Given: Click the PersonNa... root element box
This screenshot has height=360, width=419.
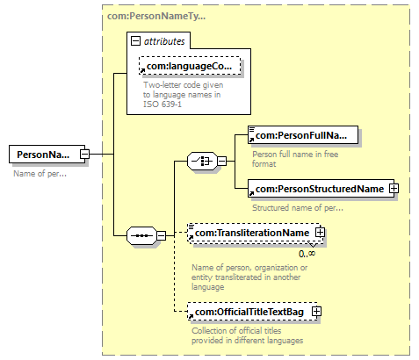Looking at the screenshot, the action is pyautogui.click(x=47, y=154).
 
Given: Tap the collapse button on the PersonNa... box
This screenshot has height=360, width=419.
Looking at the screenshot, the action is pyautogui.click(x=84, y=154).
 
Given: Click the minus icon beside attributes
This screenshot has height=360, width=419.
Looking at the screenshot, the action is pyautogui.click(x=135, y=41).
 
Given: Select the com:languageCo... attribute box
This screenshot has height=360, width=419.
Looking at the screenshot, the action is pyautogui.click(x=190, y=66).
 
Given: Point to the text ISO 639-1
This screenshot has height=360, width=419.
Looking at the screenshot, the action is pyautogui.click(x=163, y=104).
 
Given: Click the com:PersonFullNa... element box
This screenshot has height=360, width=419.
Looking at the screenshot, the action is pyautogui.click(x=303, y=135).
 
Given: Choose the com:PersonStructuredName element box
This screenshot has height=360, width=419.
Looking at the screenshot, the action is pyautogui.click(x=321, y=189).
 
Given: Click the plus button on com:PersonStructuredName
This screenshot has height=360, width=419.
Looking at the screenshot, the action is pyautogui.click(x=394, y=189).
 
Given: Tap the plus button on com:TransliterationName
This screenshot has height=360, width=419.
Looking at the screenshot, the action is pyautogui.click(x=320, y=233).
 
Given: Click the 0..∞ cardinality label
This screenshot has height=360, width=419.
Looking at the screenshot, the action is pyautogui.click(x=307, y=254).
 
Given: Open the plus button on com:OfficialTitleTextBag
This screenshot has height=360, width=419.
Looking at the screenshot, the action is pyautogui.click(x=316, y=312).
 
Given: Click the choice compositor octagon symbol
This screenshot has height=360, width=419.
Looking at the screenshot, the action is pyautogui.click(x=202, y=161).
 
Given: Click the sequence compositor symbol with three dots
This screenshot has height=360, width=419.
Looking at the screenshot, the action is pyautogui.click(x=141, y=235).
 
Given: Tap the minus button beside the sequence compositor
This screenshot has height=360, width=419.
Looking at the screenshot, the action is pyautogui.click(x=161, y=235).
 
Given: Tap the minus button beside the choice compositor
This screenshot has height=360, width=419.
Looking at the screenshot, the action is pyautogui.click(x=221, y=161).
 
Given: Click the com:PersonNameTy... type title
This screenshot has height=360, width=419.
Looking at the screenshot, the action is pyautogui.click(x=156, y=16).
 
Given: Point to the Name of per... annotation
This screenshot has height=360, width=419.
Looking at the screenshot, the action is pyautogui.click(x=40, y=174).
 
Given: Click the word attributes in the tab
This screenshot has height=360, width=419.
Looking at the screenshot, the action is pyautogui.click(x=164, y=41).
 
